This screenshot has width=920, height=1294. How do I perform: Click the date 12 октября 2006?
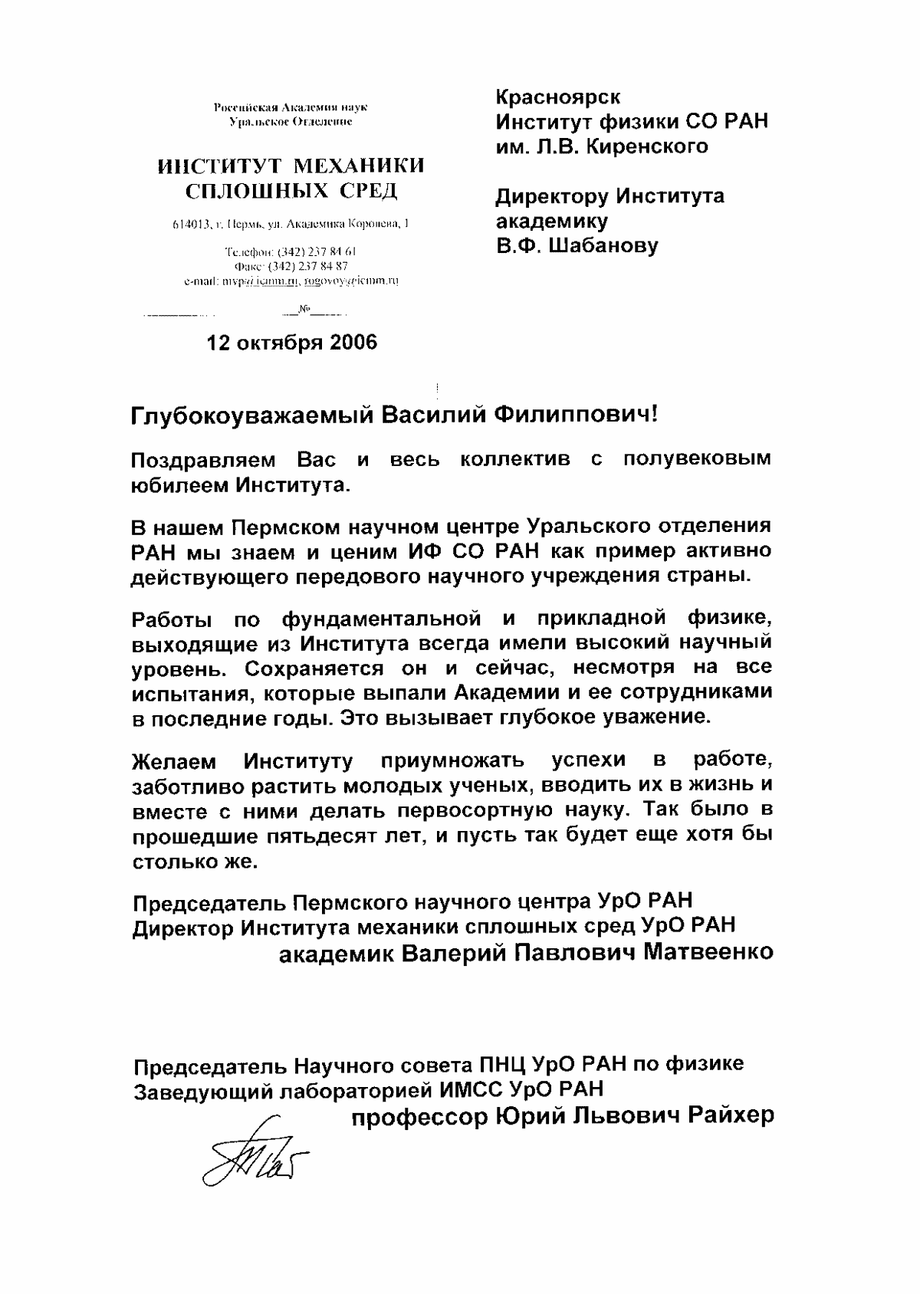pyautogui.click(x=292, y=343)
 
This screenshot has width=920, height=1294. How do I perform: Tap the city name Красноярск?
pyautogui.click(x=558, y=97)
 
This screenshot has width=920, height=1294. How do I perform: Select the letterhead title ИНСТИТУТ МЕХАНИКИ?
pyautogui.click(x=291, y=166)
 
